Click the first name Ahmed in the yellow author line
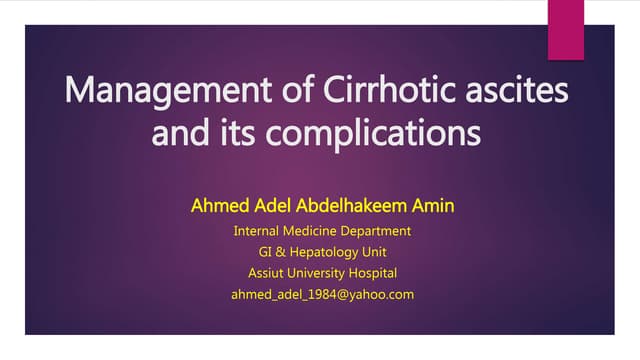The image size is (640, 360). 216,208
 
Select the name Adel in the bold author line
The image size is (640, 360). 267,208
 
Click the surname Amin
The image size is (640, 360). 431,208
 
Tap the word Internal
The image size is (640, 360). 258,231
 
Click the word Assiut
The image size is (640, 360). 267,273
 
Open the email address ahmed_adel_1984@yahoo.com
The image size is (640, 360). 322,294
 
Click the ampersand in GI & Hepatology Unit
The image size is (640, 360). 284,252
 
